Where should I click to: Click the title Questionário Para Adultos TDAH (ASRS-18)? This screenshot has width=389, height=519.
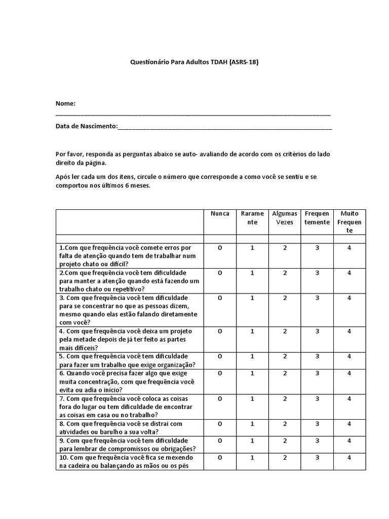coord(195,62)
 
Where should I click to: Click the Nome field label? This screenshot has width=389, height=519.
coord(65,103)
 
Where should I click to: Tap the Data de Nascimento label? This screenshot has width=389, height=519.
coord(86,126)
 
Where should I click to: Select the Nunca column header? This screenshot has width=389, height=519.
coord(220,214)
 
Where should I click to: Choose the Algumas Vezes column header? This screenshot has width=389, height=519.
coord(285,218)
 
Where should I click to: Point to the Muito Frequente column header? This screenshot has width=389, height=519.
coord(349,222)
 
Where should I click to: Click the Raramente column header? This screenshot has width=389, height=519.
coord(252,218)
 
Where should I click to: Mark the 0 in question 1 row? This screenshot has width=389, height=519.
coord(220,247)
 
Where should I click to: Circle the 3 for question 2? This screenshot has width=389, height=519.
coord(317,273)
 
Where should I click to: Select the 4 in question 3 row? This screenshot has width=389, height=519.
coord(349,298)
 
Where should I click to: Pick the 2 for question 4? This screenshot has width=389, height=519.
coord(285,331)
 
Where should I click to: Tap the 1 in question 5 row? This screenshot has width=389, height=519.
coord(252,356)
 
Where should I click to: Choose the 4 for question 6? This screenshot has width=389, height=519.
coord(349,373)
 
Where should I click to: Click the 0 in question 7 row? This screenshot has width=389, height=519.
coord(220,398)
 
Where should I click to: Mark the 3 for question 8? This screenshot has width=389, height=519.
coord(317,424)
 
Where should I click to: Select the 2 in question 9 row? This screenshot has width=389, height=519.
coord(285,440)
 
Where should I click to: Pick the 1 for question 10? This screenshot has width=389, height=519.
coord(252,458)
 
